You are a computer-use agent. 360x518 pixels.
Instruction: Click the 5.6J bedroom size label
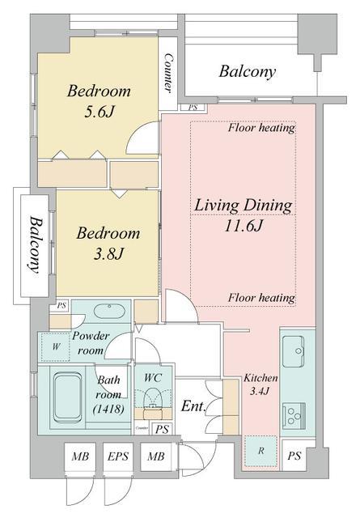[x=99, y=113]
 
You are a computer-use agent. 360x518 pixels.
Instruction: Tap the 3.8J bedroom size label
[x=108, y=254]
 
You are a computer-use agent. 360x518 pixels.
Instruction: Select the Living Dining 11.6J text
[x=244, y=215]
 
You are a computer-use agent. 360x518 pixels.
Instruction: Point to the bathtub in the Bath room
[x=68, y=397]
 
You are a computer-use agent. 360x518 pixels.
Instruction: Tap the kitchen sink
[x=293, y=351]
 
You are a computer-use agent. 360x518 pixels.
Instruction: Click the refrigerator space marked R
[x=261, y=451]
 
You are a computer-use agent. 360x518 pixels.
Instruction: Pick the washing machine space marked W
[x=56, y=347]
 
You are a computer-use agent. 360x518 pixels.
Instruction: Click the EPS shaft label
[x=118, y=456]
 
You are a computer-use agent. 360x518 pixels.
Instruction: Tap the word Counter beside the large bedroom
[x=168, y=73]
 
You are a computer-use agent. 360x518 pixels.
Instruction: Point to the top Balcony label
[x=247, y=71]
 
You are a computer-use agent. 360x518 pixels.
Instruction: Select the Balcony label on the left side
[x=34, y=245]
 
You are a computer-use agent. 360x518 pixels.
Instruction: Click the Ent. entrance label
[x=193, y=406]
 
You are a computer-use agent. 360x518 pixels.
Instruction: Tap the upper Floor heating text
[x=261, y=127]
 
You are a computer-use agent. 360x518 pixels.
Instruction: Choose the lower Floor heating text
[x=261, y=298]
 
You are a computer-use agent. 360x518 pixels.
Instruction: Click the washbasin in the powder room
[x=109, y=311]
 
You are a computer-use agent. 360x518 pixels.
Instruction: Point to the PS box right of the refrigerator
[x=294, y=456]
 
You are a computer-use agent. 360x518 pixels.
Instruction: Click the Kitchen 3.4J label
[x=260, y=384]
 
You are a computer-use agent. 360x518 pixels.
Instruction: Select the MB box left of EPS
[x=80, y=456]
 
